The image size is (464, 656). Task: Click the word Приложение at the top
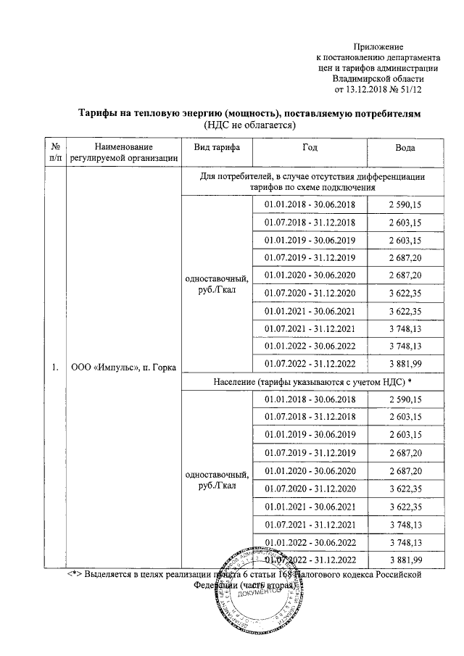(377, 46)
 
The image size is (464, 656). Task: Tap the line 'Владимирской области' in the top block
(377, 78)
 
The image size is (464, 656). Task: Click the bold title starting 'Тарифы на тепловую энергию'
(249, 114)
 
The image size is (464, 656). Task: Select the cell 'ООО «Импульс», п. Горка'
(124, 368)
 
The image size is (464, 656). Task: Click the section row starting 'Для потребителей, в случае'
(312, 181)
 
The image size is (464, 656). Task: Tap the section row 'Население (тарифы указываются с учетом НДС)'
(312, 381)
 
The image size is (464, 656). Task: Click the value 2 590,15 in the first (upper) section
(405, 206)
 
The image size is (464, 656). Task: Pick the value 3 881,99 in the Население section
(405, 559)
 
